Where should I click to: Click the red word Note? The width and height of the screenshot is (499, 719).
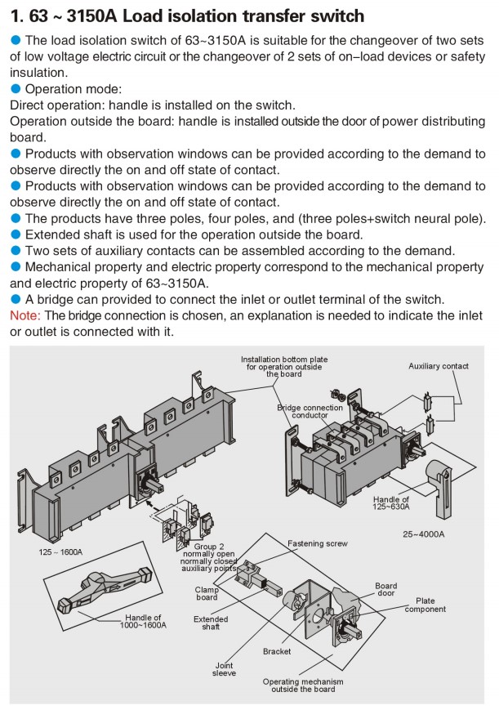(x=25, y=315)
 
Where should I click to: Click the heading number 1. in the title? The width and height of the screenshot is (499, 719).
(x=18, y=16)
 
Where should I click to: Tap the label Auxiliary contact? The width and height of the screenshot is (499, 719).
(x=439, y=366)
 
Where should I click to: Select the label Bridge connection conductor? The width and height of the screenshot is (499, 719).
(x=303, y=411)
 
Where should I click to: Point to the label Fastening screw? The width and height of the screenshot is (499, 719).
(x=318, y=543)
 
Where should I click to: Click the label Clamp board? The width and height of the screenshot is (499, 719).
(x=206, y=593)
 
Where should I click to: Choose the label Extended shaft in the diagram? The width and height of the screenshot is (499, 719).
(x=211, y=623)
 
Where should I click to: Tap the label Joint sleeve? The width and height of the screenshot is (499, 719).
(x=225, y=668)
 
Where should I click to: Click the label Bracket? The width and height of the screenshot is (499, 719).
(x=277, y=651)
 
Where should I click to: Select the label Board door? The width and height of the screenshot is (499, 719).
(x=386, y=590)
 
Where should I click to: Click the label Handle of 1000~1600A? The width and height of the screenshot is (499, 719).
(x=144, y=621)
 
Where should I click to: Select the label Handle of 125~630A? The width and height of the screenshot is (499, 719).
(x=391, y=503)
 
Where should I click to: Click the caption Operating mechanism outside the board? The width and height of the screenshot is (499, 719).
(x=303, y=685)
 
